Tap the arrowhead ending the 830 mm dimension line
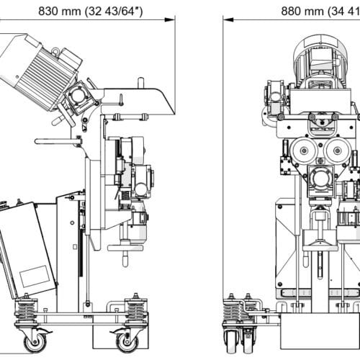(172, 21)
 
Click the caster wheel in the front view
(238, 337)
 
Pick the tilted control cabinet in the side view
(27, 248)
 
